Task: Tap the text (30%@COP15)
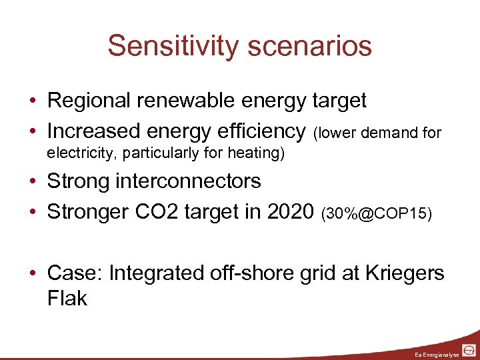[x=377, y=213]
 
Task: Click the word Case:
[x=74, y=273]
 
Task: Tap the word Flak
[x=67, y=298]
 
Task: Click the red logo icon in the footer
[x=469, y=349]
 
